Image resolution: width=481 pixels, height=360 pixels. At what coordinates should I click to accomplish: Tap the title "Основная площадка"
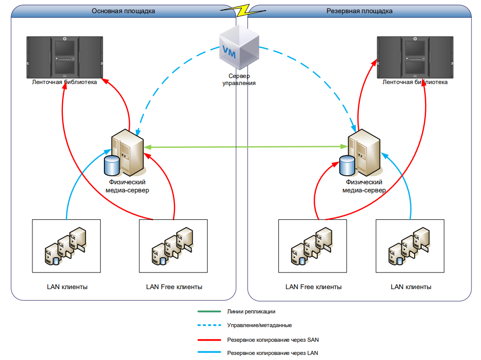point(124,11)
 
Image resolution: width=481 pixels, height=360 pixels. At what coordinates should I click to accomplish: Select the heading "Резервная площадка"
point(360,11)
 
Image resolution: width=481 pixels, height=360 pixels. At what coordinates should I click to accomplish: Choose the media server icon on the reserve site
point(363,150)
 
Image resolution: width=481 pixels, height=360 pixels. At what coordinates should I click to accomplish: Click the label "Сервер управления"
point(239,79)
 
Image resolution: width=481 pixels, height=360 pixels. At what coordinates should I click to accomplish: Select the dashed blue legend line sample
point(209,326)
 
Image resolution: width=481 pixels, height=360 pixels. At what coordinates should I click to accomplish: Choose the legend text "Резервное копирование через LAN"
point(273,353)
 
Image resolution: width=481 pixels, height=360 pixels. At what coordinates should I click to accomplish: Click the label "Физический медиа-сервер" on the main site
point(127,186)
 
